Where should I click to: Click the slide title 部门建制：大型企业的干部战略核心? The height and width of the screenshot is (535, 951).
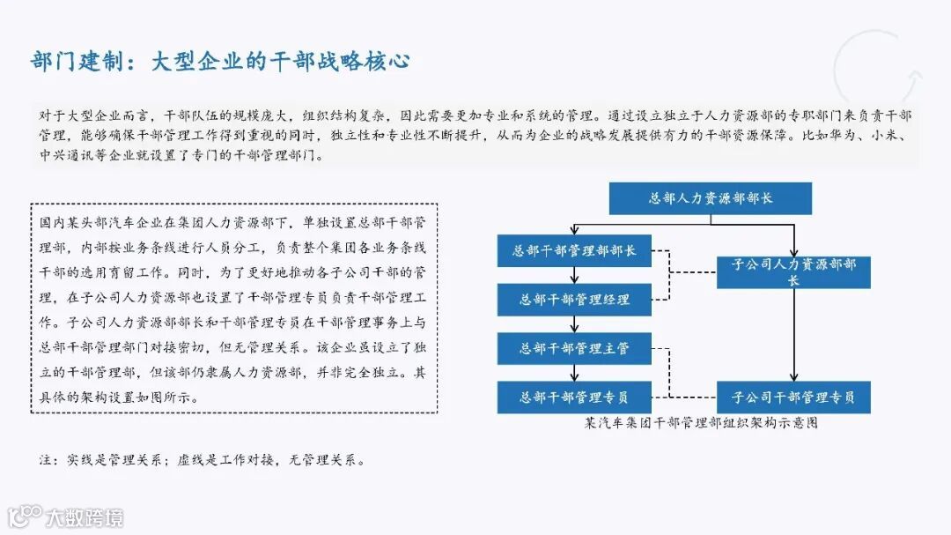[221, 62]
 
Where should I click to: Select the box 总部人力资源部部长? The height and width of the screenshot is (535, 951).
[710, 198]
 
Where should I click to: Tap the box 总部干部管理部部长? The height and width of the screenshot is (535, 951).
[574, 250]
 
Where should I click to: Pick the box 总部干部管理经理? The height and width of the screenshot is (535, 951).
[574, 300]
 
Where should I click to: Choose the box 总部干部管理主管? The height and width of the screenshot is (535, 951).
[574, 348]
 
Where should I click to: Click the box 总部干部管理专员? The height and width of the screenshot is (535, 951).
[574, 397]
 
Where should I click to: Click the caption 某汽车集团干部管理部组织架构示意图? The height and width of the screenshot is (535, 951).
[701, 422]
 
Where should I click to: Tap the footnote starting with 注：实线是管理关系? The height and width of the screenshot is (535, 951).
[202, 460]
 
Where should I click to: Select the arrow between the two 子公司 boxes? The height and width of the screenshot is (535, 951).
[794, 335]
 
